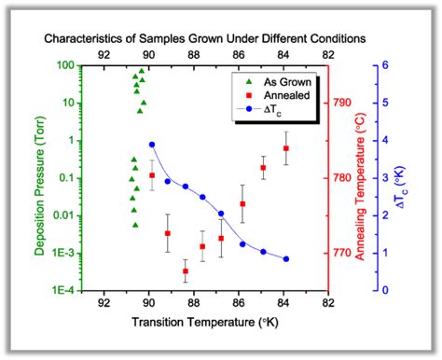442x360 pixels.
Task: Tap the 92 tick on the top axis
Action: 104,54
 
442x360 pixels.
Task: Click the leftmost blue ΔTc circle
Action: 152,145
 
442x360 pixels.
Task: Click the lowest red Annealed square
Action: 186,271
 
